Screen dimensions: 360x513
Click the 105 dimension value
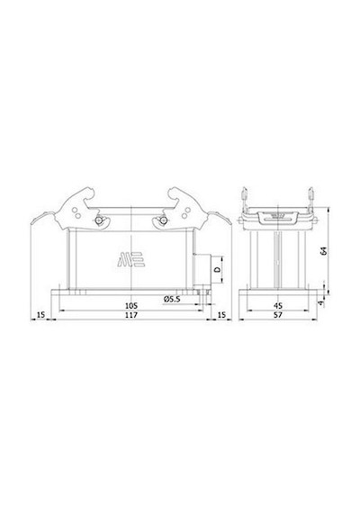[131, 306]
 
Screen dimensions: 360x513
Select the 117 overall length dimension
[131, 315]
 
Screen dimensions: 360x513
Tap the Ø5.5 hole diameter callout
[172, 299]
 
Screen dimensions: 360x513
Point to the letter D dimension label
[217, 270]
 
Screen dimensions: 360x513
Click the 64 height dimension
[324, 252]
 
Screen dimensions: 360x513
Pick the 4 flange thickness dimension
[321, 304]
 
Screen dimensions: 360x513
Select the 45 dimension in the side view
[278, 306]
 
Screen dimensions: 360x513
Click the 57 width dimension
[278, 315]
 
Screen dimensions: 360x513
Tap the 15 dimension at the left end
[40, 315]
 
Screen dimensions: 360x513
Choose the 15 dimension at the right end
[221, 315]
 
